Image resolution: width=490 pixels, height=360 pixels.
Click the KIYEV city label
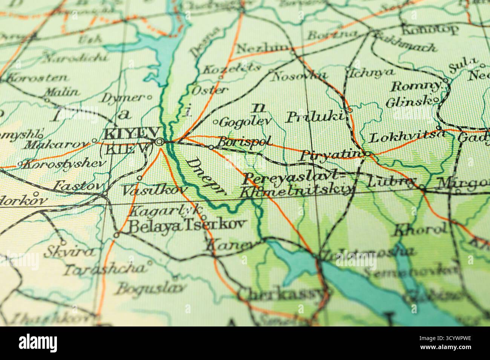coord(128,134)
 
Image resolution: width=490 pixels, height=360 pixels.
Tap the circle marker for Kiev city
coord(159,142)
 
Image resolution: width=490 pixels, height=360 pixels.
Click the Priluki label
coord(316,117)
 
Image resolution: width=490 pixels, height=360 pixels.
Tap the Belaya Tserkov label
coord(187,225)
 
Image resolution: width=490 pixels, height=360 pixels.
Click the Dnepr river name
coord(205,176)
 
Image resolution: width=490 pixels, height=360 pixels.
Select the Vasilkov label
coord(154,190)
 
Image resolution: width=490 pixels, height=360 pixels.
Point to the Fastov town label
coord(78,186)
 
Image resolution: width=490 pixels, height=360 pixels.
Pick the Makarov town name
coord(57,145)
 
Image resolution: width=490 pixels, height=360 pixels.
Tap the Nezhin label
coord(263,49)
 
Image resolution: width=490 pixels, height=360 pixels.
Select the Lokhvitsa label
coord(408,137)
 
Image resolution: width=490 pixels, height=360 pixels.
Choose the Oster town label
coord(210,90)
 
